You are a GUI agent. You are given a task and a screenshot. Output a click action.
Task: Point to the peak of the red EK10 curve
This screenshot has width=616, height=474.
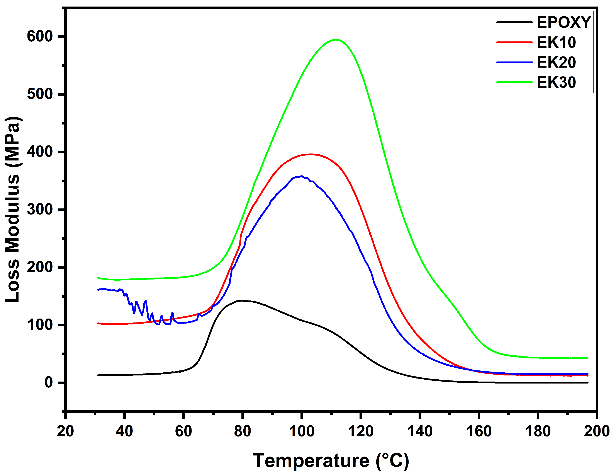click(310, 154)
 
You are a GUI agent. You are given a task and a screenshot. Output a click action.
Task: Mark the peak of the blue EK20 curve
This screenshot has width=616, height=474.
click(301, 176)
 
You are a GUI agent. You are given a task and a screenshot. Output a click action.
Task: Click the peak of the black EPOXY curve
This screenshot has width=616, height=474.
click(241, 300)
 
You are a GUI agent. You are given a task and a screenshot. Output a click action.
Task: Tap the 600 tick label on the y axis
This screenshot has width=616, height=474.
click(40, 36)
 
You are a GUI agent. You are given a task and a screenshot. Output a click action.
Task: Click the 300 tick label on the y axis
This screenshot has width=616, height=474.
click(40, 209)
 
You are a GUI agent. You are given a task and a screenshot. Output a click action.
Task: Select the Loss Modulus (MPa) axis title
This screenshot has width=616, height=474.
click(13, 209)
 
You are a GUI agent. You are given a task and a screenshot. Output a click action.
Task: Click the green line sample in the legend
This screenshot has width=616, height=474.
click(514, 82)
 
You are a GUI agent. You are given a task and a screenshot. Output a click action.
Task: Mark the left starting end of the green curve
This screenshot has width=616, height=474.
click(98, 278)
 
